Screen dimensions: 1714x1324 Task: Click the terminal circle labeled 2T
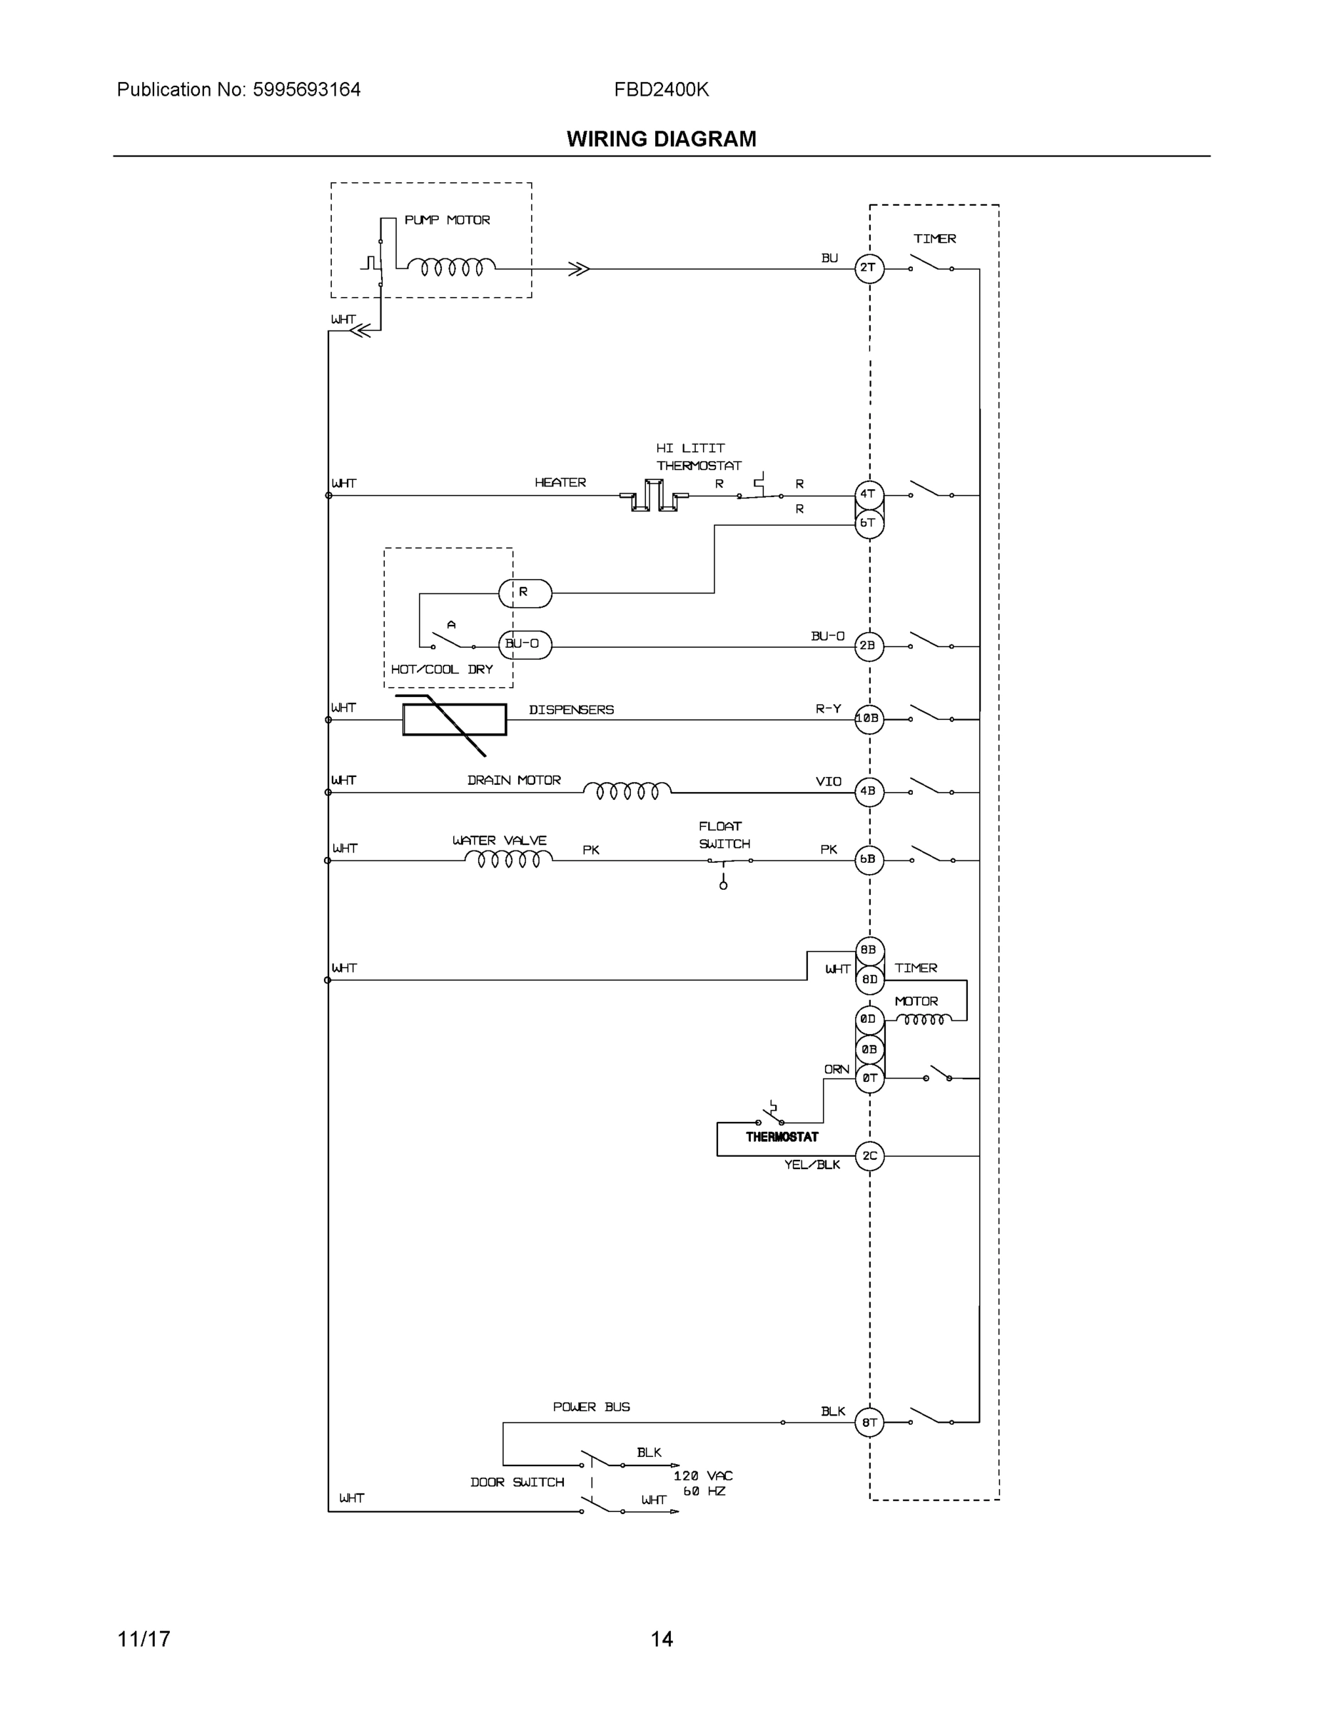tap(869, 269)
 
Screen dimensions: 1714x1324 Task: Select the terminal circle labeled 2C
tap(869, 1156)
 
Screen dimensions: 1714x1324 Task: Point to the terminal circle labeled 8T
tap(869, 1422)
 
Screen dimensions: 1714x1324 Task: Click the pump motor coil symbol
tap(451, 268)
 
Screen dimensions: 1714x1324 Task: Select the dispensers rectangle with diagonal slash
tap(454, 720)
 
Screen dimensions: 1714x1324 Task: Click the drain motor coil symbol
tap(627, 791)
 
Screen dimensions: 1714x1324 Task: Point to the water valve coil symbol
tap(508, 859)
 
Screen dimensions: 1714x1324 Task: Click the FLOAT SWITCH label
tap(723, 835)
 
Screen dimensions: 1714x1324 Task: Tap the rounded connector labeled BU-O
tap(525, 644)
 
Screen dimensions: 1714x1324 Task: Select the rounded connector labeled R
tap(525, 593)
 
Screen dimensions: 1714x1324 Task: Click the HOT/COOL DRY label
tap(442, 669)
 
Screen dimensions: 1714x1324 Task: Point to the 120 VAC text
tap(703, 1475)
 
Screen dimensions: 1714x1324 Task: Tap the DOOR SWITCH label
tap(517, 1482)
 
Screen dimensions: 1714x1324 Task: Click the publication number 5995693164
tap(306, 89)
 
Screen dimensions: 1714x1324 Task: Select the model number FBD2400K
tap(661, 89)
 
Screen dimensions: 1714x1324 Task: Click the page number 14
tap(661, 1639)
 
